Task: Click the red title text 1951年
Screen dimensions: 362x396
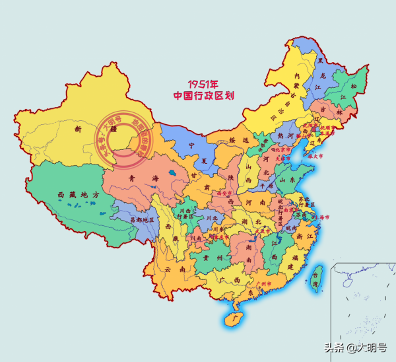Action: pyautogui.click(x=203, y=84)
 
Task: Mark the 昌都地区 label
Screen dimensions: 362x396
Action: pyautogui.click(x=141, y=219)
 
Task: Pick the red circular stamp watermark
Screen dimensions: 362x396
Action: pyautogui.click(x=125, y=140)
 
